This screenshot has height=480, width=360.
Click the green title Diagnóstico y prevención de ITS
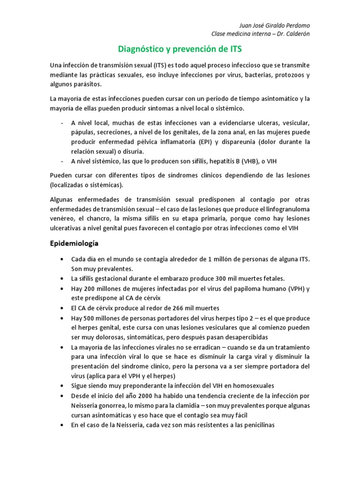point(180,49)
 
